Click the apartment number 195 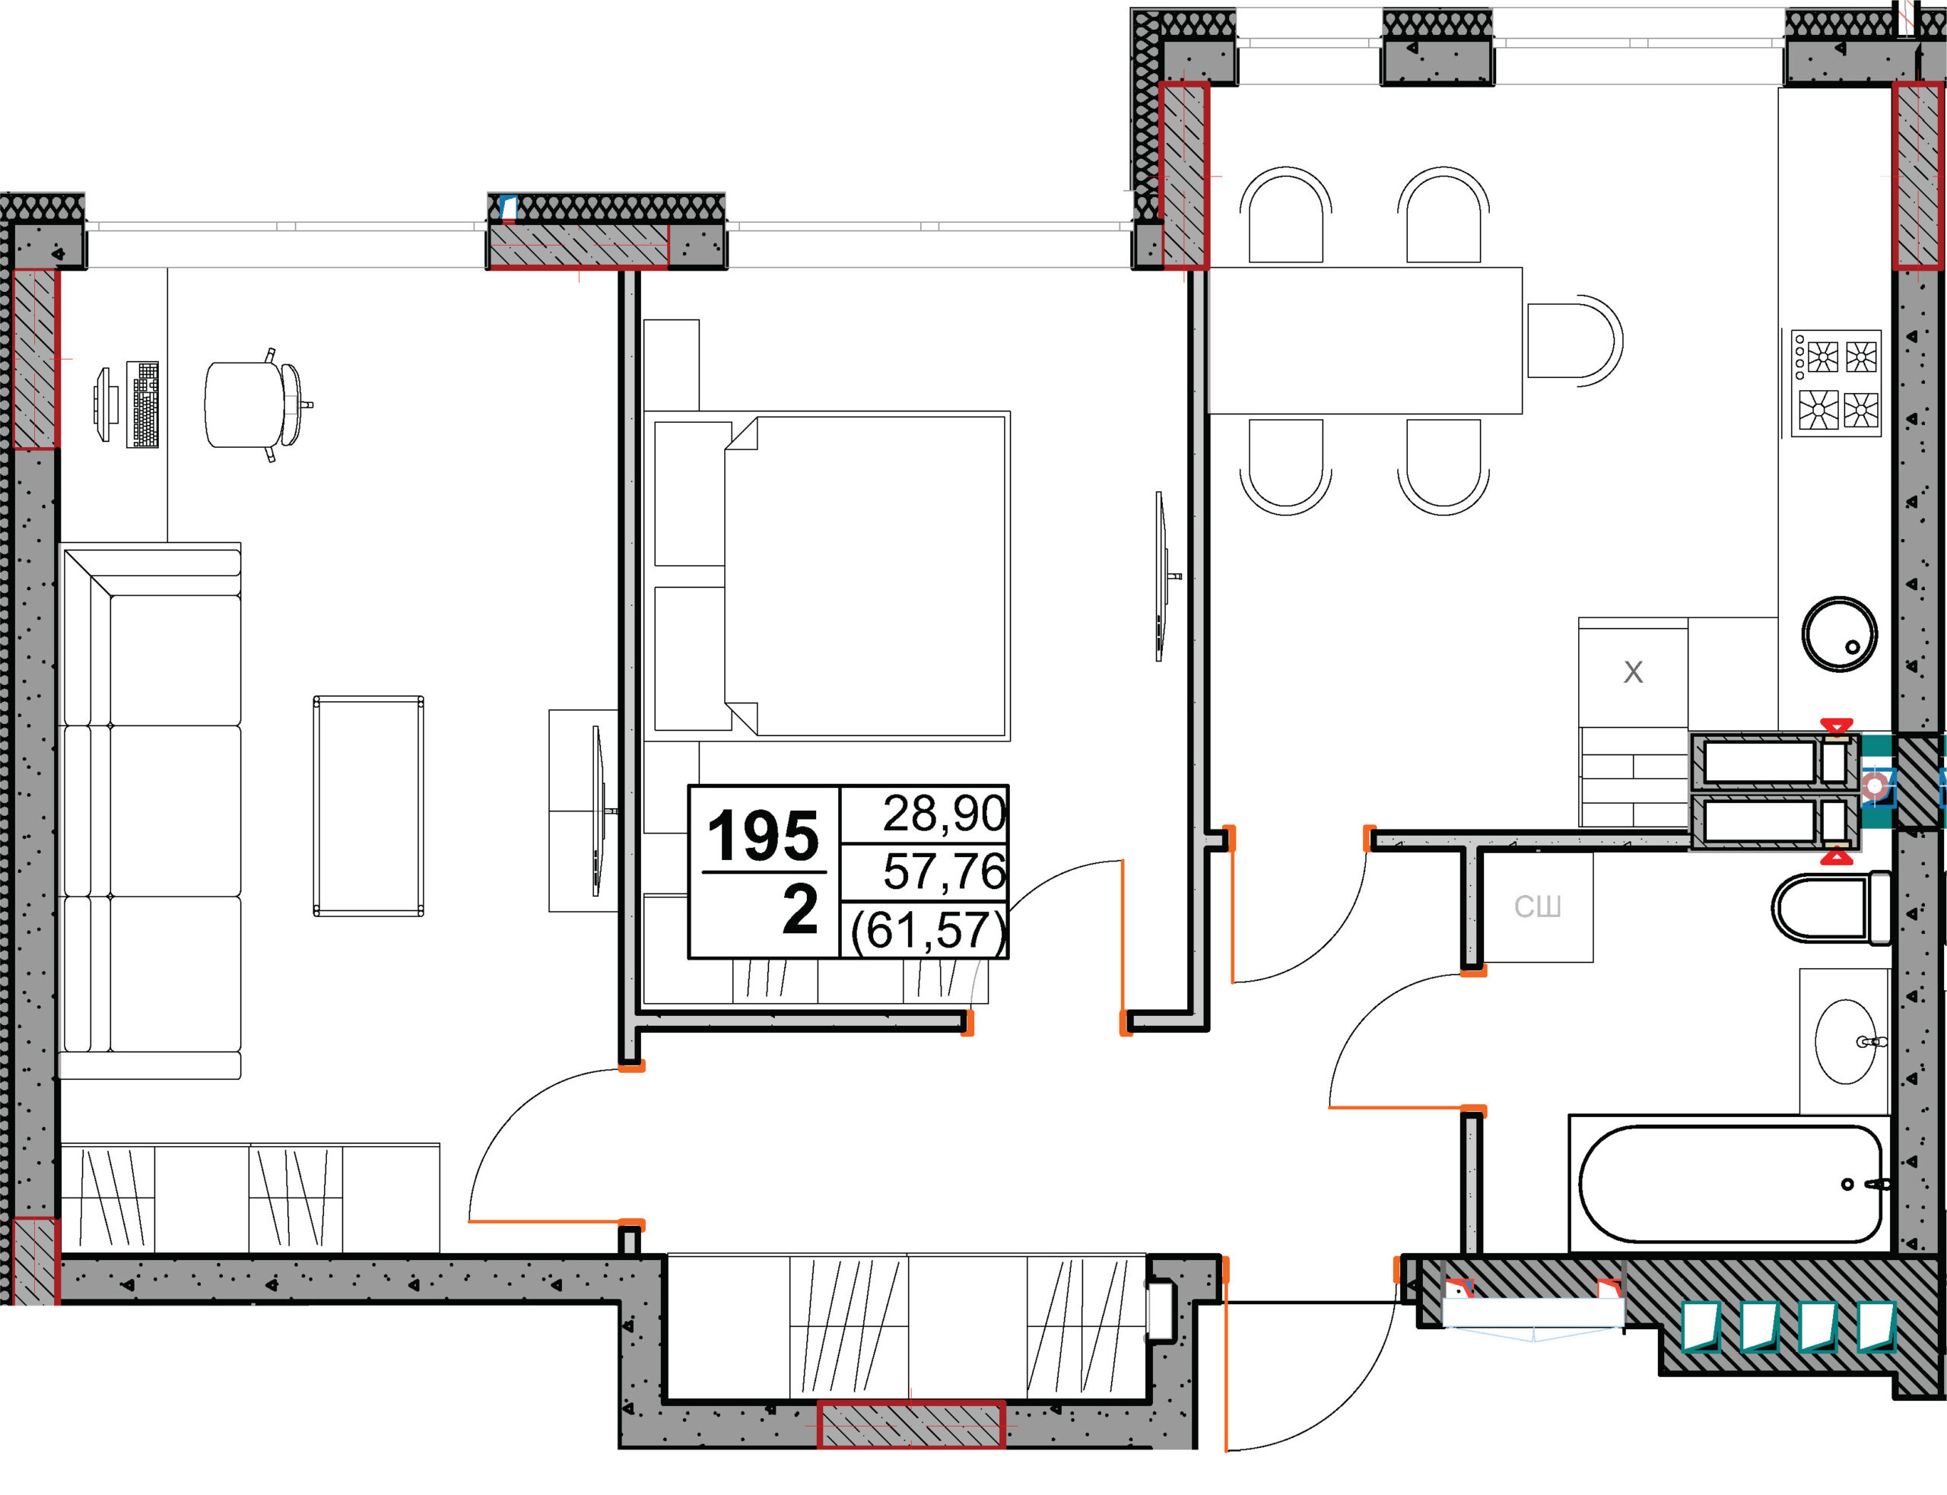(762, 836)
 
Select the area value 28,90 (944, 814)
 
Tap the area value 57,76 (944, 871)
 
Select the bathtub (1729, 1183)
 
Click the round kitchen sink (1838, 634)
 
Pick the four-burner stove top (1836, 383)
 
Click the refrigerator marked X (1633, 673)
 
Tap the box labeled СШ (1538, 906)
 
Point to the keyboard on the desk (142, 404)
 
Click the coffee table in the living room (368, 806)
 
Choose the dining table (1365, 341)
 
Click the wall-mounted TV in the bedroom (1161, 576)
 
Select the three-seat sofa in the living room (151, 811)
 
